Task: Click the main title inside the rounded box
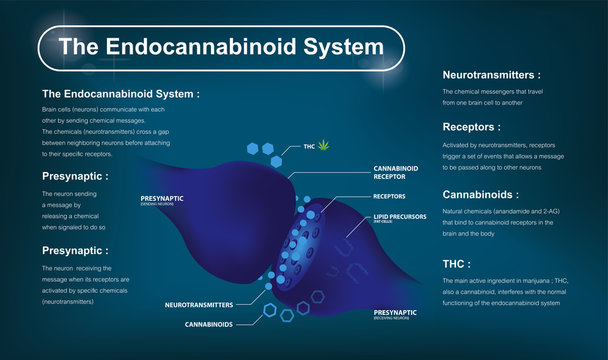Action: [x=221, y=46]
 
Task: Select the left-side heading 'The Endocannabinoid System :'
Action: [x=121, y=93]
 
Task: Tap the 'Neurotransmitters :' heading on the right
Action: [x=491, y=74]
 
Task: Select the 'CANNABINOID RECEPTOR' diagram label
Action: [x=396, y=173]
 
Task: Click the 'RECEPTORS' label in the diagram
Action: [x=389, y=196]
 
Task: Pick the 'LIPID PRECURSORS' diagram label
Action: [x=402, y=215]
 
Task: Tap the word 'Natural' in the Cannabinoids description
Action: [x=456, y=213]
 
